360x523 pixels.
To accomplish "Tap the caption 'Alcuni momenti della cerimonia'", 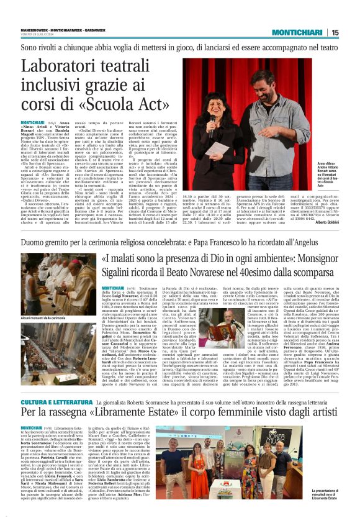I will [45, 317].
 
